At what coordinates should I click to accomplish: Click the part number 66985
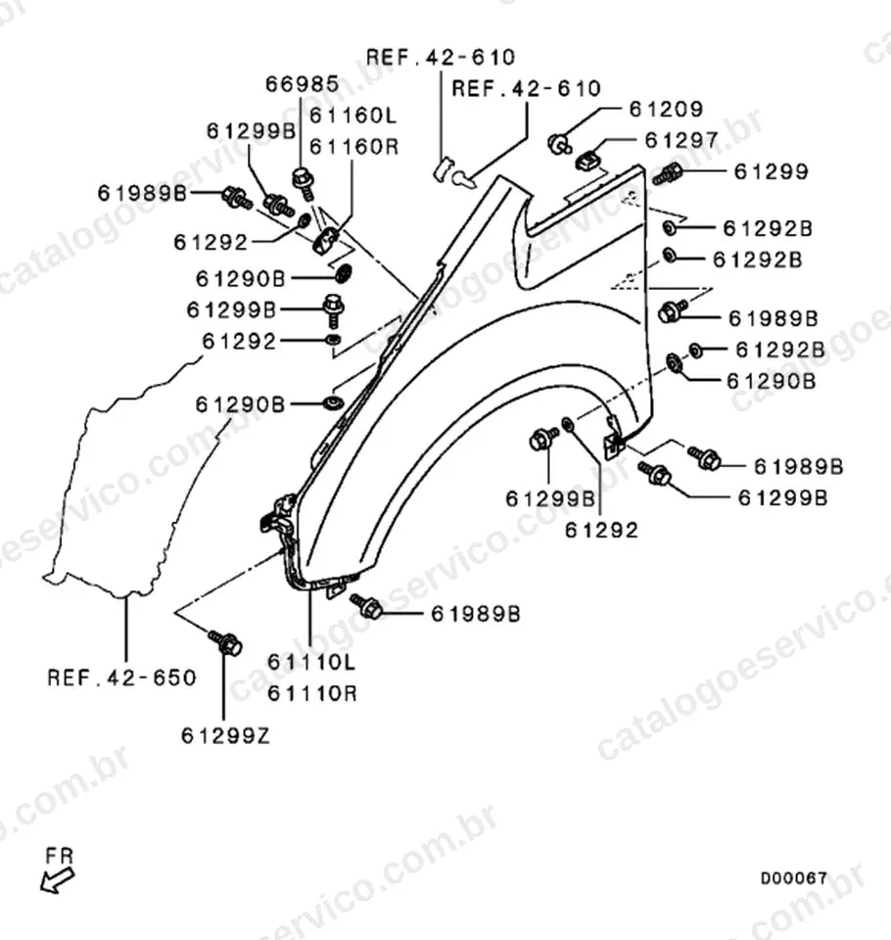tap(303, 84)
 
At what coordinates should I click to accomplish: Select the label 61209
tap(666, 109)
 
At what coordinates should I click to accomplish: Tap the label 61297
tap(681, 140)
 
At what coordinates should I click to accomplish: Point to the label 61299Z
tap(225, 735)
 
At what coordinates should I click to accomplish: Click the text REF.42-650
tap(121, 678)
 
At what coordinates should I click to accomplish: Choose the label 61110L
tap(311, 662)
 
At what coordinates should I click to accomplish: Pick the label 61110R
tap(312, 693)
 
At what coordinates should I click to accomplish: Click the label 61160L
tap(353, 116)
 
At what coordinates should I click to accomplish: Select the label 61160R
tap(353, 146)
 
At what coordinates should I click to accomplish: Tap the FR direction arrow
tap(58, 880)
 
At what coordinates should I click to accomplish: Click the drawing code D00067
tap(794, 878)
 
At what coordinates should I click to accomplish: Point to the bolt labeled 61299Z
tap(225, 642)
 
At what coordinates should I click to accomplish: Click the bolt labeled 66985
tap(304, 182)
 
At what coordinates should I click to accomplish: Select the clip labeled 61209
tap(559, 144)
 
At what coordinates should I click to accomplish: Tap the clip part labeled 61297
tap(587, 161)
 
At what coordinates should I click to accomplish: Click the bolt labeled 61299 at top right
tap(668, 175)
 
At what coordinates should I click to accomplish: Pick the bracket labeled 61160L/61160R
tap(327, 241)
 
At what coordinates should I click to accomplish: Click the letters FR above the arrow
tap(59, 856)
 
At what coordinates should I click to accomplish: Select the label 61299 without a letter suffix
tap(772, 171)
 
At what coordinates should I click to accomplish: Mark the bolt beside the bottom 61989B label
tap(367, 606)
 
